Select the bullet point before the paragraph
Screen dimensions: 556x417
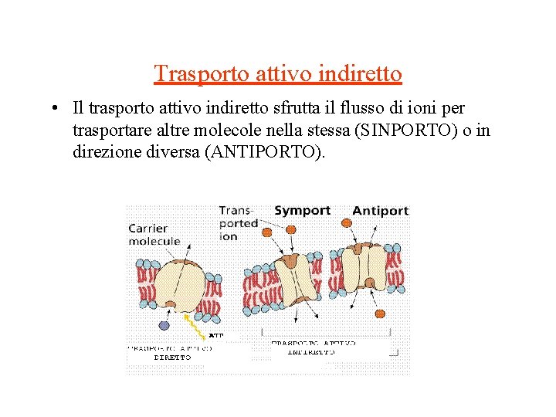(x=48, y=110)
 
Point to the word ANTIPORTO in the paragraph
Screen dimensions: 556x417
(x=262, y=152)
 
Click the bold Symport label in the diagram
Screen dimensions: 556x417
(x=302, y=210)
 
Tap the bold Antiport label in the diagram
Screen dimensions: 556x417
(x=380, y=210)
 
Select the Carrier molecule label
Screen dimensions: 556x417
(x=154, y=234)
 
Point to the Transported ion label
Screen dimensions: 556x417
(x=238, y=222)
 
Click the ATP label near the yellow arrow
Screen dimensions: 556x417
(x=216, y=336)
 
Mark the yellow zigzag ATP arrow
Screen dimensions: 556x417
(x=197, y=325)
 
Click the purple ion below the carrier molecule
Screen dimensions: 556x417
(x=164, y=325)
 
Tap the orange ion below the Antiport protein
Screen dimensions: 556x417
(x=380, y=313)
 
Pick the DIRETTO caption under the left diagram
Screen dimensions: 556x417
(x=173, y=358)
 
